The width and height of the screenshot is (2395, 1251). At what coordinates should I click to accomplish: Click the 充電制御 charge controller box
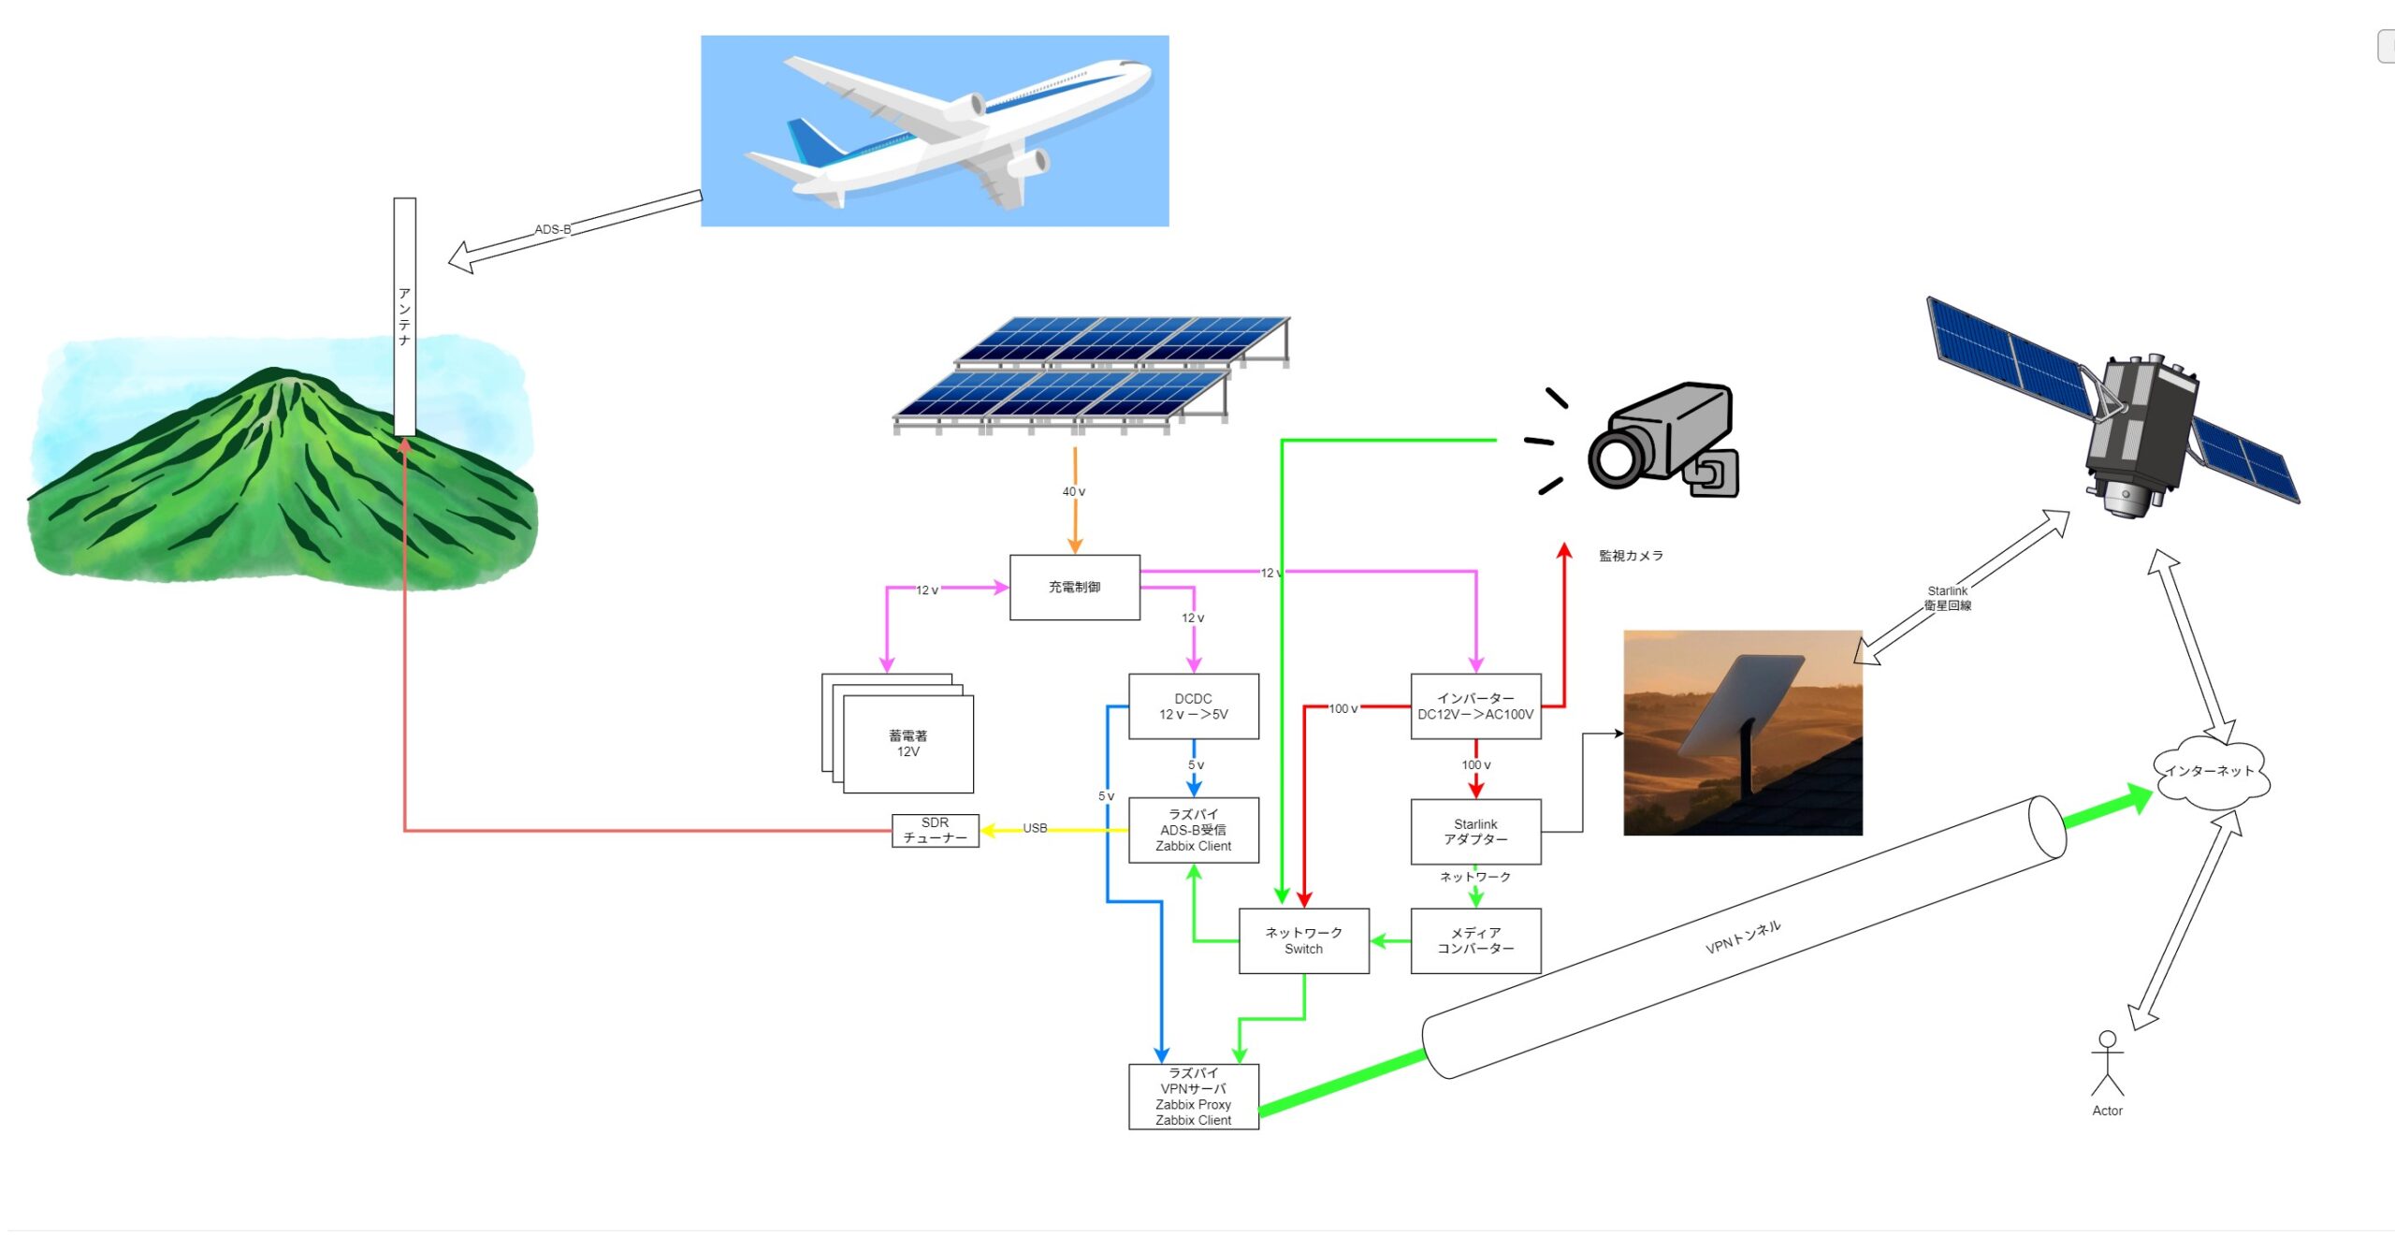pyautogui.click(x=1074, y=587)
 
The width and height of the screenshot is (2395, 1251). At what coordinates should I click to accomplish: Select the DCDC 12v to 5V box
pyautogui.click(x=1193, y=706)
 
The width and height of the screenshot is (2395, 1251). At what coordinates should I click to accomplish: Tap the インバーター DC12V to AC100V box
pyautogui.click(x=1475, y=706)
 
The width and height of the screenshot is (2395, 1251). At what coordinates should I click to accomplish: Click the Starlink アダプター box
pyautogui.click(x=1475, y=831)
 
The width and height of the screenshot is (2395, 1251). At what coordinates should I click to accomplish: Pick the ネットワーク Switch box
pyautogui.click(x=1303, y=940)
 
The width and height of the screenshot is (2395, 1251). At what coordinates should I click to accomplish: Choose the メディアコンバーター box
pyautogui.click(x=1475, y=940)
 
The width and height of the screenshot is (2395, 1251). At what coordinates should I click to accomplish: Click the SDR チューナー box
pyautogui.click(x=935, y=830)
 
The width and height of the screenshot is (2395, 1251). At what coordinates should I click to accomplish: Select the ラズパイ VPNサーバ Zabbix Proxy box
pyautogui.click(x=1193, y=1096)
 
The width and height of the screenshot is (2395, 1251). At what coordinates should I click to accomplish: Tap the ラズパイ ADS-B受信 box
pyautogui.click(x=1193, y=830)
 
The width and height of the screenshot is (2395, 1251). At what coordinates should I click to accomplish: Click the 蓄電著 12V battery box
pyautogui.click(x=907, y=744)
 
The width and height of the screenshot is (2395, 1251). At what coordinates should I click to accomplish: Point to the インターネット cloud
pyautogui.click(x=2210, y=772)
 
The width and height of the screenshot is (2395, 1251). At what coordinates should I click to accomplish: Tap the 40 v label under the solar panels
pyautogui.click(x=1073, y=491)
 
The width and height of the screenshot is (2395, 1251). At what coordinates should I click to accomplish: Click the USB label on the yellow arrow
pyautogui.click(x=1035, y=828)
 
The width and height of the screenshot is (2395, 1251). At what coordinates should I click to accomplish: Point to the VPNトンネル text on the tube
pyautogui.click(x=1743, y=937)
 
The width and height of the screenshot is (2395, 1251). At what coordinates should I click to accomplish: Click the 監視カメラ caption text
pyautogui.click(x=1631, y=556)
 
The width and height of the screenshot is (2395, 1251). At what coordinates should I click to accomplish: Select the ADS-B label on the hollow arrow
pyautogui.click(x=552, y=229)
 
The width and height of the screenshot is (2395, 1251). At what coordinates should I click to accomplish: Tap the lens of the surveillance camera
pyautogui.click(x=1614, y=458)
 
